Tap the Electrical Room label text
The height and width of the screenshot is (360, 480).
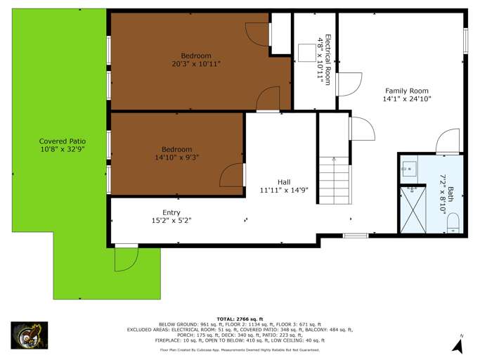click(327, 60)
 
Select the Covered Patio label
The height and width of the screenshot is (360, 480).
click(62, 141)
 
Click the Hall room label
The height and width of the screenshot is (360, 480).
click(284, 182)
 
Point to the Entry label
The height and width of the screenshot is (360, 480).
click(171, 212)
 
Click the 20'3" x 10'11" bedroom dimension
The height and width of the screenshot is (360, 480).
click(196, 64)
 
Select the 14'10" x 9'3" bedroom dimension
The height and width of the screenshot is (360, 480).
click(176, 157)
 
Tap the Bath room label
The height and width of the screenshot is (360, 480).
click(450, 194)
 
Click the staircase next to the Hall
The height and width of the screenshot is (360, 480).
click(335, 181)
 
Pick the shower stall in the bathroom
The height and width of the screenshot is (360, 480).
click(413, 210)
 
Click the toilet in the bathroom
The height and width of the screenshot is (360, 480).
click(453, 223)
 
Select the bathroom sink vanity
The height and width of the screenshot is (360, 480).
click(409, 169)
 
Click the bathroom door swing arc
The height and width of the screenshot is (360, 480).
click(447, 141)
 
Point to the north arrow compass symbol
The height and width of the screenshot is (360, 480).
click(458, 345)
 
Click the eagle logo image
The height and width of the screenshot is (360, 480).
click(30, 335)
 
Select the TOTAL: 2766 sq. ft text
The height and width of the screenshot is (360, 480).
click(240, 319)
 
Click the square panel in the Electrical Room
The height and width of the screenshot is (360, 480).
click(307, 53)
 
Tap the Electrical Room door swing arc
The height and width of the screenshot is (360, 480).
click(350, 84)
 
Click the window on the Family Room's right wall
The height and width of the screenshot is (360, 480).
click(466, 41)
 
